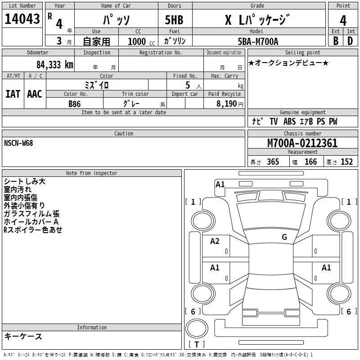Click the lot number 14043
(x=22, y=19)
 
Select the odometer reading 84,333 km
(x=54, y=65)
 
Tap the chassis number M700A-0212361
(x=302, y=143)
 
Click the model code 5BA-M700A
(x=258, y=41)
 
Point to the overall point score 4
(x=343, y=20)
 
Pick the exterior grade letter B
(x=336, y=41)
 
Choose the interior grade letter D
(x=350, y=41)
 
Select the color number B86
(x=75, y=103)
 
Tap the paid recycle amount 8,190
(x=223, y=103)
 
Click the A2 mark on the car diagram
(x=215, y=241)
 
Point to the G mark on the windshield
(x=284, y=237)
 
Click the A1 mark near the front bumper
(x=220, y=184)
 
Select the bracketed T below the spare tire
(x=197, y=345)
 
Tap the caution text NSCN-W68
(x=18, y=143)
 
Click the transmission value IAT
(x=13, y=94)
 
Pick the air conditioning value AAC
(x=35, y=94)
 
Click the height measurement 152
(x=346, y=162)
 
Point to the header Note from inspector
(x=91, y=173)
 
